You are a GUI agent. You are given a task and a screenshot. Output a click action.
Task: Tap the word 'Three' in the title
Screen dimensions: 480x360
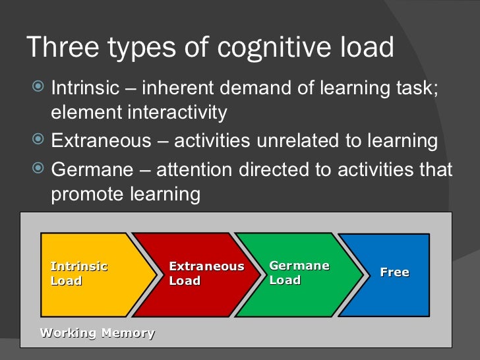[x=59, y=47]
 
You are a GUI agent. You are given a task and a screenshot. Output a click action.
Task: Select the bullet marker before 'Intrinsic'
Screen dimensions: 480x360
[x=39, y=87]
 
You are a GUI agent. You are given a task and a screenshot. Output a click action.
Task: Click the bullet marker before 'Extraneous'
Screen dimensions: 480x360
[x=39, y=140]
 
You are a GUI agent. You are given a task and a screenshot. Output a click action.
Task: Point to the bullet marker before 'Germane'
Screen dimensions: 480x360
[x=39, y=168]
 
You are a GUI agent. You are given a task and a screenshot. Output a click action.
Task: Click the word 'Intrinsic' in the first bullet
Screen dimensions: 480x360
[x=84, y=87]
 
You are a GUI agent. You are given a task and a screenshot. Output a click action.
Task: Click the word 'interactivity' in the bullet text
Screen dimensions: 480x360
[x=174, y=113]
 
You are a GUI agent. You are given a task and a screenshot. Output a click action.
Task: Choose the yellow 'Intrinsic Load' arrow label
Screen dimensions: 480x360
[x=78, y=274]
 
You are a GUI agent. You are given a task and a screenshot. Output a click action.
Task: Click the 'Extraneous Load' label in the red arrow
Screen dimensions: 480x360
[x=206, y=274]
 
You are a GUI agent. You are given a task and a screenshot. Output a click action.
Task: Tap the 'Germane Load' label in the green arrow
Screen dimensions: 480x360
[x=299, y=273]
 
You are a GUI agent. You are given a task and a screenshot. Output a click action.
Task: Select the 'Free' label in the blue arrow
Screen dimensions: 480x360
[x=394, y=272]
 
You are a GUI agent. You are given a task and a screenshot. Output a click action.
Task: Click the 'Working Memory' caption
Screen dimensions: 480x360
[x=98, y=333]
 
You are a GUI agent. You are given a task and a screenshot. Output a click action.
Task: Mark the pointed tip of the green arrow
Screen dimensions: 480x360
[x=362, y=274]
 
